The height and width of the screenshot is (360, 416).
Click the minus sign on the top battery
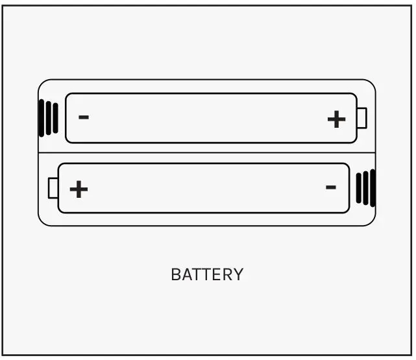[84, 117]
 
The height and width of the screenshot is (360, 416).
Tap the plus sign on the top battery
[336, 119]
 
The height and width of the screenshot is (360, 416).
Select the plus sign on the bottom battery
[79, 189]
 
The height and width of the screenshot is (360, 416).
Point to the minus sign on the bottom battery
[330, 187]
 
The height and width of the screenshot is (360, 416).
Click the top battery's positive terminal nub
[362, 118]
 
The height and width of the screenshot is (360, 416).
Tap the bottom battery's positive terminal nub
[53, 188]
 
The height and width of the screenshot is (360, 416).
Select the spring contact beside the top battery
[49, 118]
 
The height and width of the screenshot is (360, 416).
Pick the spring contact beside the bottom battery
[365, 188]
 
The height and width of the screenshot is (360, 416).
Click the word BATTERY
[207, 274]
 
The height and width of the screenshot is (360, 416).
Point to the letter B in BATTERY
[175, 274]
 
